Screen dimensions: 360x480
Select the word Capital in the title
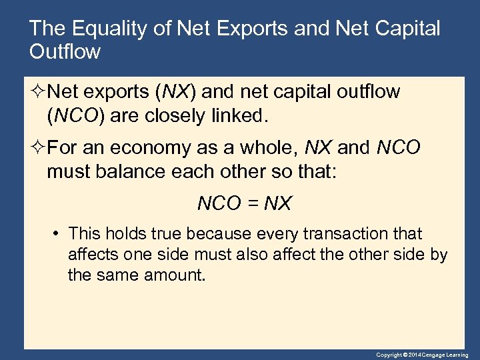406,29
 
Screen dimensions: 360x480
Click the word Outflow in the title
65,52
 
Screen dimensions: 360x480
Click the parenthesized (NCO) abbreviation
73,115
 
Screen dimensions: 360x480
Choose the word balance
125,171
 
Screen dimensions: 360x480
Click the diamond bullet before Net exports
37,92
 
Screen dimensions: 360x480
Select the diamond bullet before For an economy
37,148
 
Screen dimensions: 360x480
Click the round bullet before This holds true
57,234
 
